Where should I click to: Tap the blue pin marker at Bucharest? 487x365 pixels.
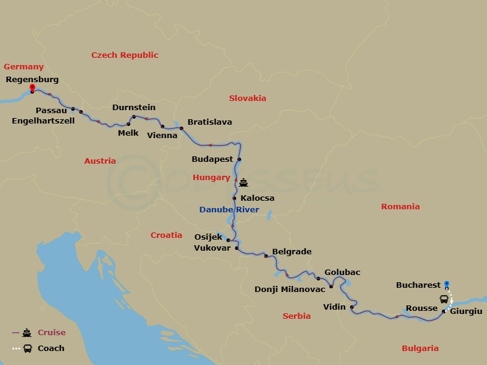pyautogui.click(x=447, y=283)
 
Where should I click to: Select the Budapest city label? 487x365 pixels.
pyautogui.click(x=212, y=159)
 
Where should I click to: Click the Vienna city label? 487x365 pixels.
pyautogui.click(x=163, y=135)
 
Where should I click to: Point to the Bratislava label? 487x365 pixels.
pyautogui.click(x=209, y=122)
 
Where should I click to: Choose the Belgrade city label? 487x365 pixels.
pyautogui.click(x=292, y=252)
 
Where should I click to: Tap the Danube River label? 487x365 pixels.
pyautogui.click(x=229, y=210)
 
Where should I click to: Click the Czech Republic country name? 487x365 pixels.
pyautogui.click(x=125, y=55)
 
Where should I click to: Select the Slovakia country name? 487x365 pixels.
pyautogui.click(x=248, y=98)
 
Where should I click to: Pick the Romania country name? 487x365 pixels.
pyautogui.click(x=401, y=207)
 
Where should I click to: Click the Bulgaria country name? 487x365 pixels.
pyautogui.click(x=420, y=349)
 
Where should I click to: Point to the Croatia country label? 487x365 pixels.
pyautogui.click(x=166, y=235)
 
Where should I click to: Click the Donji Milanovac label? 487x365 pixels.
pyautogui.click(x=289, y=289)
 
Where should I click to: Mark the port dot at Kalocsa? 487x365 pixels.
pyautogui.click(x=234, y=198)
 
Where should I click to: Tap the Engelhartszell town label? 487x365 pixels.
pyautogui.click(x=43, y=121)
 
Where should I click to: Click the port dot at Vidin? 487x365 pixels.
pyautogui.click(x=352, y=307)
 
